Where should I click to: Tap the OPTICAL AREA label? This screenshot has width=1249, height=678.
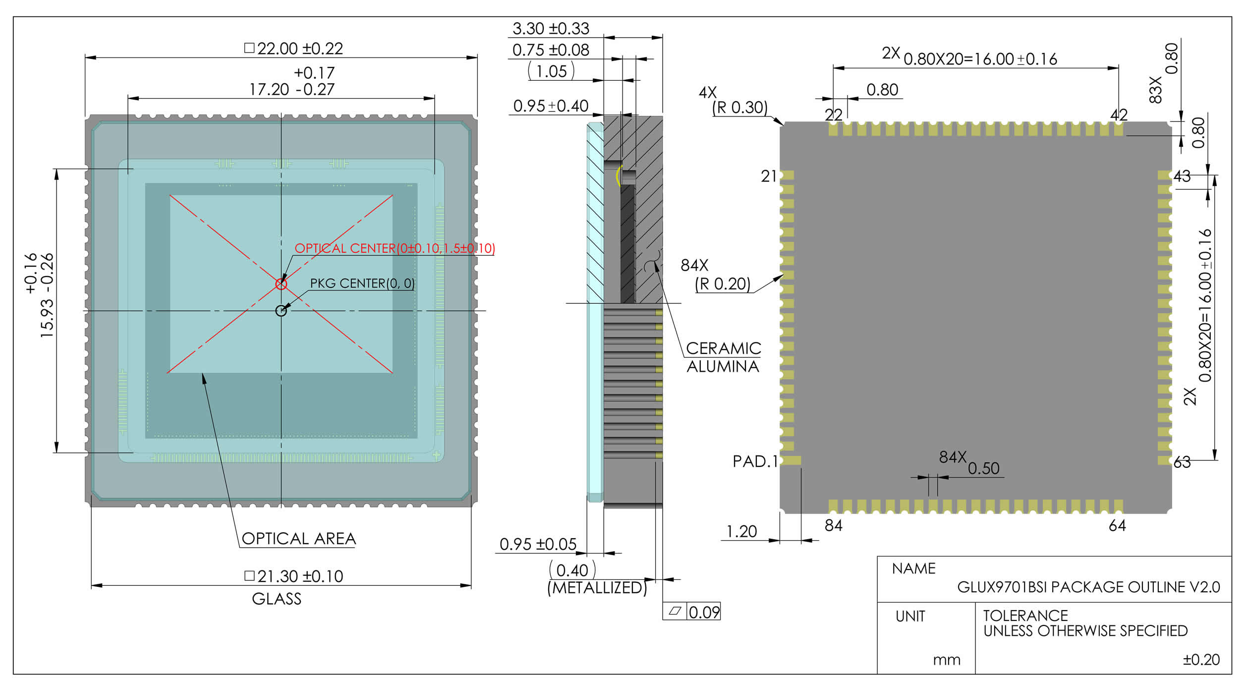299,539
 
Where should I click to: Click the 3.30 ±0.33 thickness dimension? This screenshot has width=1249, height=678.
551,29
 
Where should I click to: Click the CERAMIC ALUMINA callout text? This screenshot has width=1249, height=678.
724,357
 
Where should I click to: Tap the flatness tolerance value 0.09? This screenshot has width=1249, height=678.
704,613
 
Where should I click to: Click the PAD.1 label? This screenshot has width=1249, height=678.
755,461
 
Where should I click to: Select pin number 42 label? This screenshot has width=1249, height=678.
1119,115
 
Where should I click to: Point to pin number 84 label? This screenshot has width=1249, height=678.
834,526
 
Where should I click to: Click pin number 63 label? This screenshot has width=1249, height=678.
1182,462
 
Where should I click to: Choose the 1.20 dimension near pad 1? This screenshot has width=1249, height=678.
741,532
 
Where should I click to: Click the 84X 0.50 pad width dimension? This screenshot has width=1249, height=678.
969,463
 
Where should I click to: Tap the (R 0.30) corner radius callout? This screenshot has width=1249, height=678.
740,108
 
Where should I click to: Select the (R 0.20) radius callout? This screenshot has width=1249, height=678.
723,284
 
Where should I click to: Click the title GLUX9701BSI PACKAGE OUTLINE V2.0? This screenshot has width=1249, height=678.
1089,587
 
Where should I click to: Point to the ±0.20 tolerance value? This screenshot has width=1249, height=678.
1201,660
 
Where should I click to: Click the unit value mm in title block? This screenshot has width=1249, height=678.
947,660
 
